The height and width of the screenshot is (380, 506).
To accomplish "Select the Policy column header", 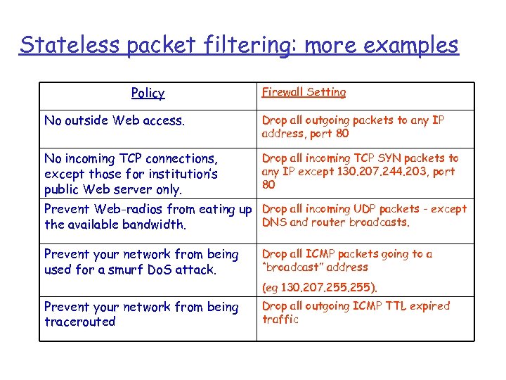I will tap(148, 93).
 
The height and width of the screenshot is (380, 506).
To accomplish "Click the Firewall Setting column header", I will tap(304, 92).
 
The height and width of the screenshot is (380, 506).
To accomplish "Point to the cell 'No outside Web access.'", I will tap(115, 120).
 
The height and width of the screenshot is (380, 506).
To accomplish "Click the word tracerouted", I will tap(79, 322).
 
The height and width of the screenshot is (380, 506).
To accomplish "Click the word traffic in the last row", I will tap(280, 319).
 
